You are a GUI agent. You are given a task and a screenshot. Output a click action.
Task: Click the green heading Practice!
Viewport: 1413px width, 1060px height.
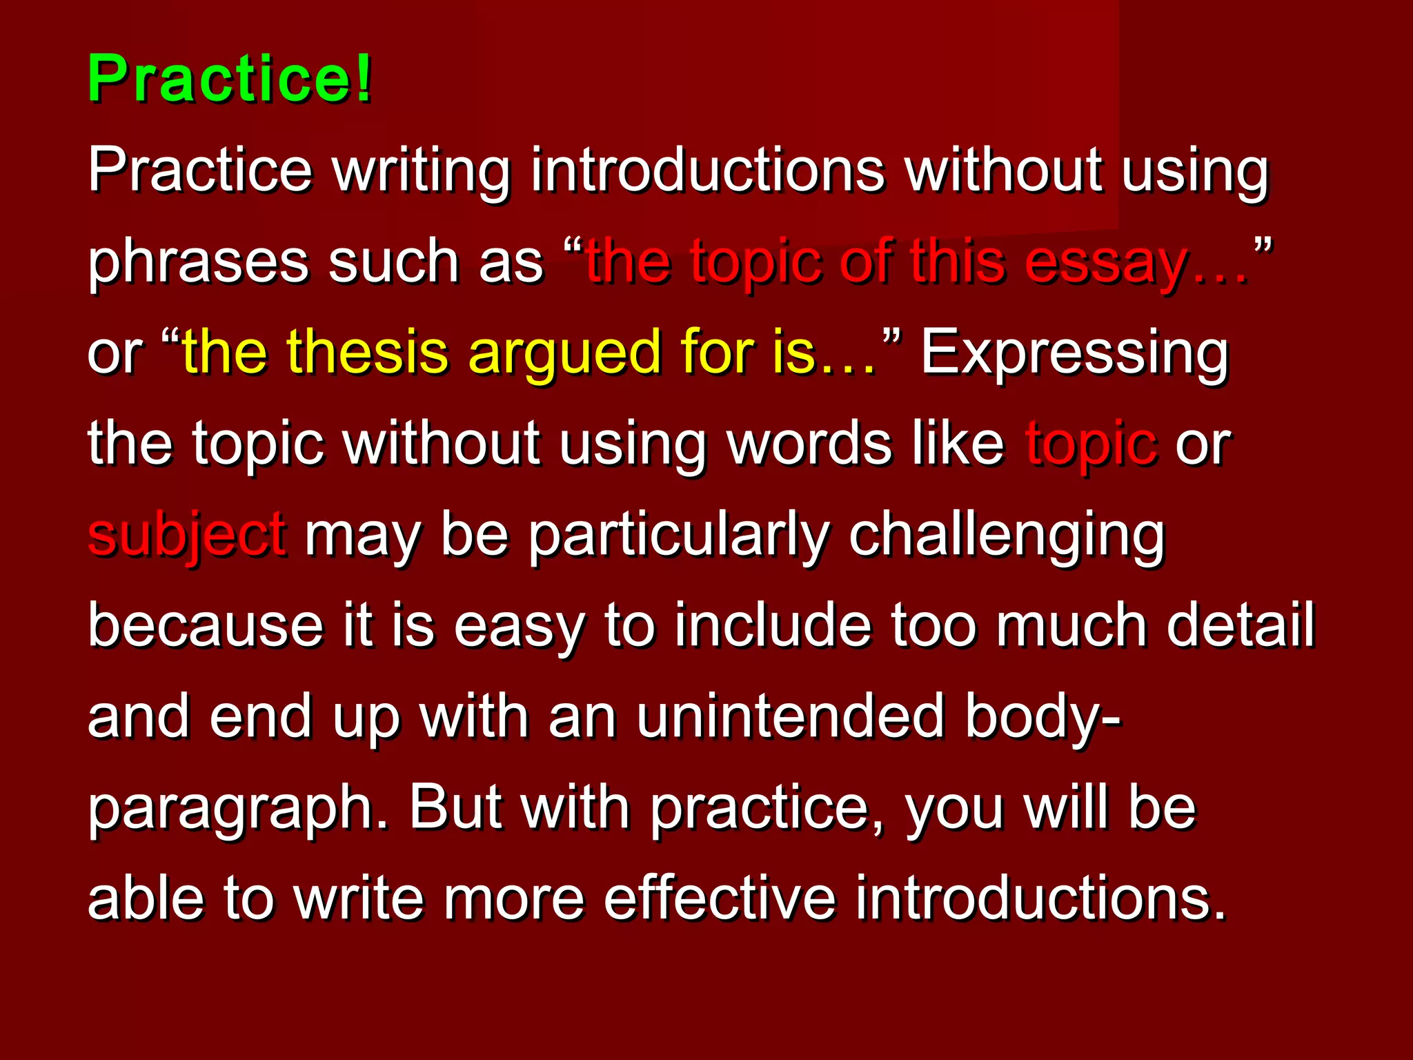click(229, 79)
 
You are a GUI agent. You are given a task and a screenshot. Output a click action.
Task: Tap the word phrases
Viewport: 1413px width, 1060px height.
click(197, 263)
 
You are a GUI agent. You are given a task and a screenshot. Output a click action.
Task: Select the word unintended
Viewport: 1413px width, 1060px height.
click(789, 717)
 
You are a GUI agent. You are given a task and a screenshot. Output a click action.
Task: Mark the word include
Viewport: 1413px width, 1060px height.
click(772, 626)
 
